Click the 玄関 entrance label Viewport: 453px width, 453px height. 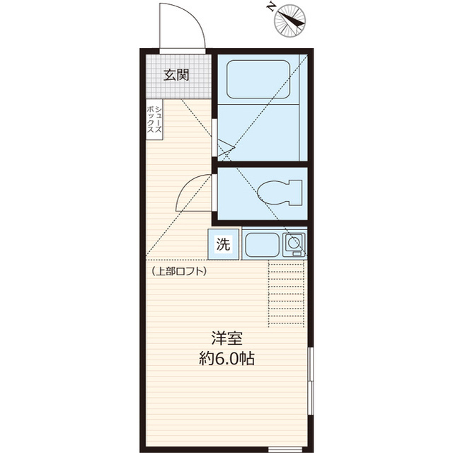pyautogui.click(x=176, y=75)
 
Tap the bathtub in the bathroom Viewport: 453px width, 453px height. pyautogui.click(x=258, y=79)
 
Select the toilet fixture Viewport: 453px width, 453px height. pyautogui.click(x=280, y=193)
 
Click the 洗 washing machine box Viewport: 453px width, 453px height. pyautogui.click(x=224, y=244)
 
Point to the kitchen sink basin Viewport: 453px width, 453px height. pyautogui.click(x=263, y=245)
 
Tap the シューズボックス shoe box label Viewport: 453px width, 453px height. pyautogui.click(x=154, y=120)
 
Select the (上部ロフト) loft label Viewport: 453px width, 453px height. pyautogui.click(x=179, y=271)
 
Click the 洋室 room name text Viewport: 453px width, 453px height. pyautogui.click(x=226, y=338)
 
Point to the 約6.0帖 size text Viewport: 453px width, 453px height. pyautogui.click(x=226, y=359)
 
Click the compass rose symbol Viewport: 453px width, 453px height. pyautogui.click(x=289, y=21)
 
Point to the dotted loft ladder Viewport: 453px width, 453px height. pyautogui.click(x=286, y=294)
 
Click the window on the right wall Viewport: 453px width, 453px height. pyautogui.click(x=311, y=381)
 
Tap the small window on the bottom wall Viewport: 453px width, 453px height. pyautogui.click(x=285, y=449)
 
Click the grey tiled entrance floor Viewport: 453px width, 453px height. pyautogui.click(x=178, y=76)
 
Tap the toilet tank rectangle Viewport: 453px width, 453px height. pyautogui.click(x=296, y=193)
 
